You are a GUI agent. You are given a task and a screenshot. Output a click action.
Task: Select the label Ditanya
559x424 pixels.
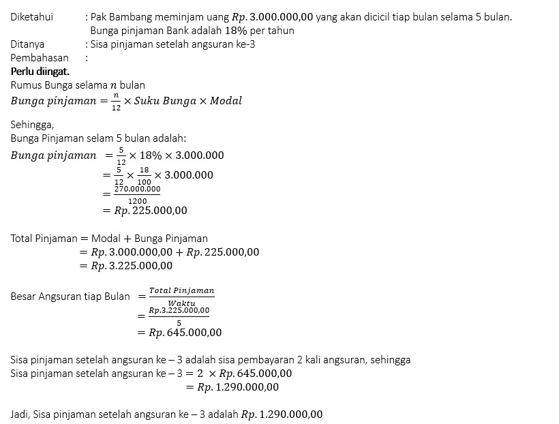click(27, 44)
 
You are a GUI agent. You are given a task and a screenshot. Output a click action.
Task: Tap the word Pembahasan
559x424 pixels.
click(40, 58)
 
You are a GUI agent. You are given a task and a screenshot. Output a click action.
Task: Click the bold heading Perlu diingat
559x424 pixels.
click(40, 72)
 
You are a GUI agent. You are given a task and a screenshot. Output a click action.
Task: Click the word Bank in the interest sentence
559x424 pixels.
click(178, 31)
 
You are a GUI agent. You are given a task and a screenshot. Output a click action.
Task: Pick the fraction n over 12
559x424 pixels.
click(116, 101)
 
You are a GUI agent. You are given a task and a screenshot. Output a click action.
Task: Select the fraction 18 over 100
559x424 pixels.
click(143, 175)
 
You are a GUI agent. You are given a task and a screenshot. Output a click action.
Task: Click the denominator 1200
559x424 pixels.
click(137, 200)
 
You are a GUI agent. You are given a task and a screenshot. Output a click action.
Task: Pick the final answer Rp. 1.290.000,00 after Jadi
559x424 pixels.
click(282, 414)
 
